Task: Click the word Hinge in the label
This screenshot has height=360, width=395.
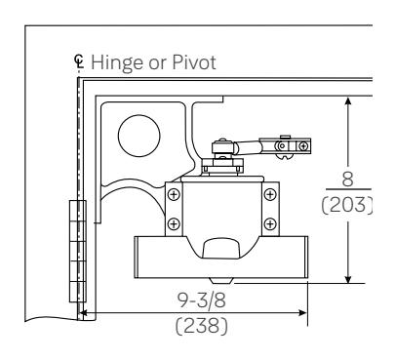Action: [117, 62]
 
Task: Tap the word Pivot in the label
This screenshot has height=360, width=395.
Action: [194, 62]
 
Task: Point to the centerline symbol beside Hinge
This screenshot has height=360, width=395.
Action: [79, 61]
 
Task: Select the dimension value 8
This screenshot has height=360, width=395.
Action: [347, 179]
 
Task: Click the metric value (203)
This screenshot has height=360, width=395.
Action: [346, 205]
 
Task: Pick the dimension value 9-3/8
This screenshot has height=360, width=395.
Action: [202, 300]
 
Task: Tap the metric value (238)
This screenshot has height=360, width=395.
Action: [202, 326]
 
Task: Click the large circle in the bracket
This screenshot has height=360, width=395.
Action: [139, 136]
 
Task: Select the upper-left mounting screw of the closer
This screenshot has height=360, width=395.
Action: [174, 195]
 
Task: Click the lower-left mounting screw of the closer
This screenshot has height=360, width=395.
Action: [174, 223]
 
